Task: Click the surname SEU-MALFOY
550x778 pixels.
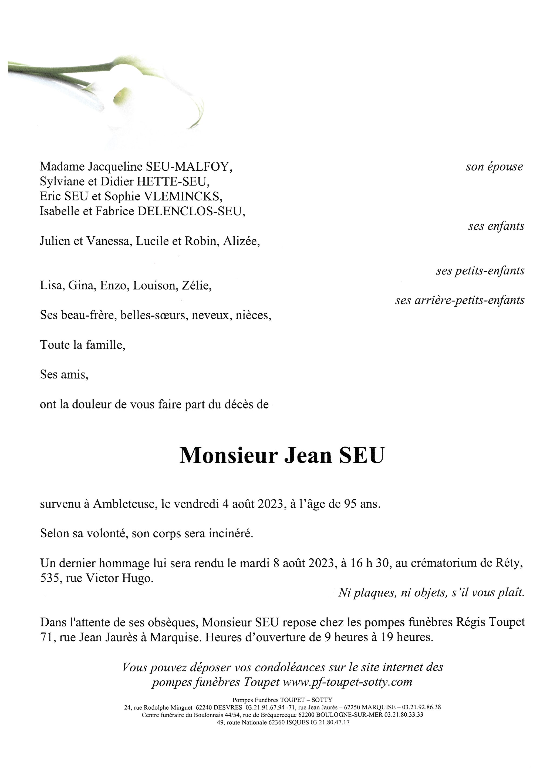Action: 189,167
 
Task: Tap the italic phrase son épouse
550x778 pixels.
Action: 494,167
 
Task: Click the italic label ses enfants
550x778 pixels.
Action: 496,226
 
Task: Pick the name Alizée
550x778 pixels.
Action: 241,241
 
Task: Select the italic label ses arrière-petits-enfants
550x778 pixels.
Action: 460,300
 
